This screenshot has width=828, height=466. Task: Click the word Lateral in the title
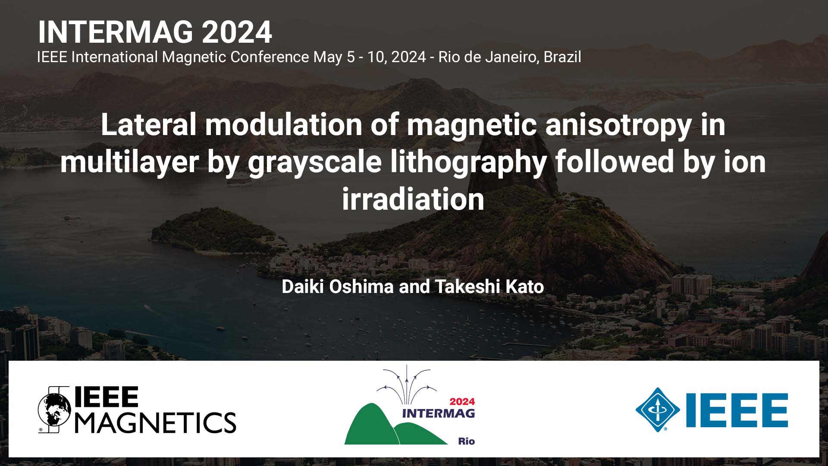coord(148,125)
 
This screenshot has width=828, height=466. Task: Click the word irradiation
coord(413,199)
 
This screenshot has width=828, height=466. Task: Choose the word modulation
coord(283,125)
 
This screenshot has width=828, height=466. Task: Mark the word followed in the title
coord(615,162)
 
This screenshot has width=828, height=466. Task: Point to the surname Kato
coord(524,287)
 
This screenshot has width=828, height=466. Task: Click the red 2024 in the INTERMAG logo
coord(462,402)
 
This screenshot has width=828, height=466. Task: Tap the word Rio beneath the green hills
coord(466,441)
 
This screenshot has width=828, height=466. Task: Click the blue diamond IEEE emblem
coord(658,410)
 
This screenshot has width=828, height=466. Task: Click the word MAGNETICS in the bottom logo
coord(156,422)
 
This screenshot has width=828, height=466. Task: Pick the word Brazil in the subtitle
coord(562,57)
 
